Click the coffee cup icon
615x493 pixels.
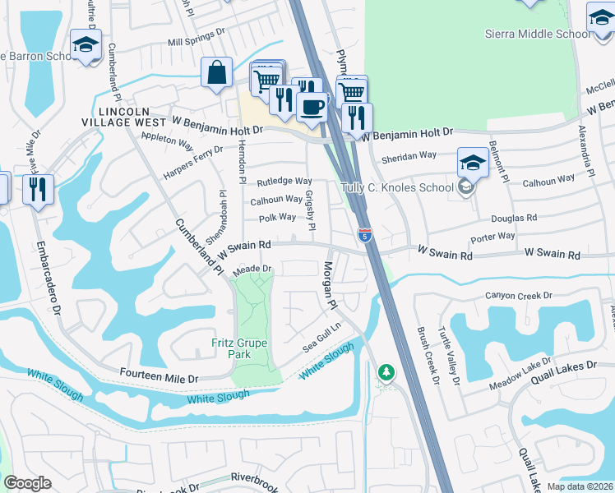point(312,106)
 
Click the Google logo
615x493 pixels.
point(27,483)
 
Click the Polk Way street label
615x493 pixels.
point(277,218)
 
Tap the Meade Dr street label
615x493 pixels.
point(252,269)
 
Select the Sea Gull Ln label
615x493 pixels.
point(321,338)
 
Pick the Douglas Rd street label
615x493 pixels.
point(514,219)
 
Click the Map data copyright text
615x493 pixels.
point(580,486)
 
